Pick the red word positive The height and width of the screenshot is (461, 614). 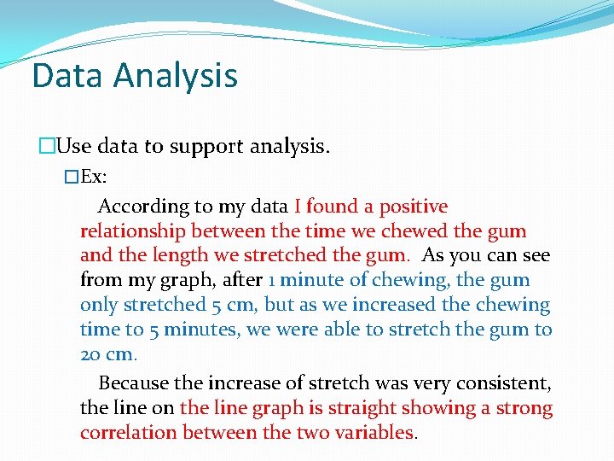[414, 207]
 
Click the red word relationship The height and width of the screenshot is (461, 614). [133, 231]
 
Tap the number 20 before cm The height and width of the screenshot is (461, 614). [90, 354]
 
